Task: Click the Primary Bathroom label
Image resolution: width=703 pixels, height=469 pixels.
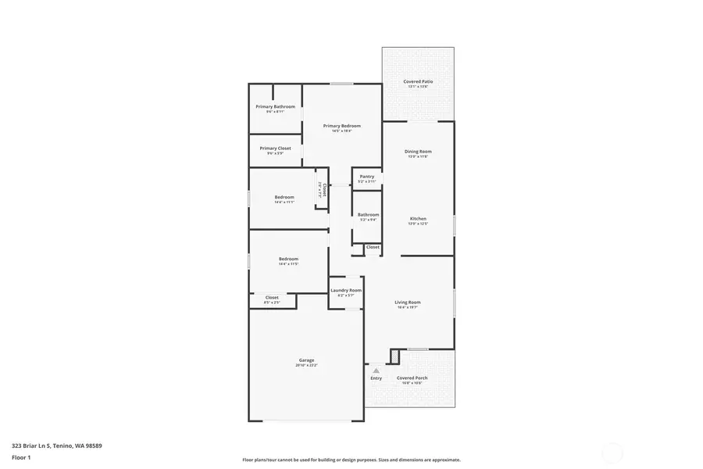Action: [276, 106]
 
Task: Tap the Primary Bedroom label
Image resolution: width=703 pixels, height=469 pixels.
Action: [342, 126]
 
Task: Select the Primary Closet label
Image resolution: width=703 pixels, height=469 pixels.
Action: [275, 149]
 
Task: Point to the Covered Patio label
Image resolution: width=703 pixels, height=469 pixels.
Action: [418, 81]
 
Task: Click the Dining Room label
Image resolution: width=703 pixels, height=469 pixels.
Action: [418, 152]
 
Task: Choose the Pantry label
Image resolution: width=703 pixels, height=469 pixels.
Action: [367, 177]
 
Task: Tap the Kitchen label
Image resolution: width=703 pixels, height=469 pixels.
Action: [418, 219]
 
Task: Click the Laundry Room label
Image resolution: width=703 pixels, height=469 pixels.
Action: [346, 290]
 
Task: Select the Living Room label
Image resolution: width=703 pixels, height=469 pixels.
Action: [408, 303]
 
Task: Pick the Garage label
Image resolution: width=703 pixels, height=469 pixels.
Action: [306, 360]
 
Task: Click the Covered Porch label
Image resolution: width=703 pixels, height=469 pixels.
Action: [412, 378]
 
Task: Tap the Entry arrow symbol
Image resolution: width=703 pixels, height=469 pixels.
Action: [376, 371]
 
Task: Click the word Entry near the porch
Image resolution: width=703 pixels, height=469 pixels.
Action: [376, 378]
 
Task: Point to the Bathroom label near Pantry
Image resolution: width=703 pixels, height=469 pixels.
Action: [368, 215]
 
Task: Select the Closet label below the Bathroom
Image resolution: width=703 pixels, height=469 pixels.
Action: [373, 247]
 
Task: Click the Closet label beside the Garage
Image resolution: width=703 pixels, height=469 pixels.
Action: [272, 297]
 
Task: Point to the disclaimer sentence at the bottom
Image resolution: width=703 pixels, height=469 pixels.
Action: [351, 460]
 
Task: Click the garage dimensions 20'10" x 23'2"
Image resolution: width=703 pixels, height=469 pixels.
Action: [306, 365]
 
